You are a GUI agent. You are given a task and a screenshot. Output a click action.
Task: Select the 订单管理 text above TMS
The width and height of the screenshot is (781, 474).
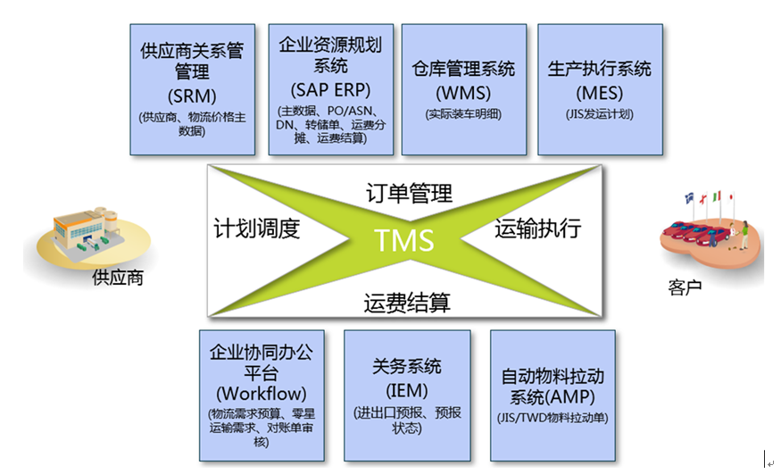[410, 193]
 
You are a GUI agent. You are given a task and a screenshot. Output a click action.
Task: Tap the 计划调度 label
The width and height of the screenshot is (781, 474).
[256, 229]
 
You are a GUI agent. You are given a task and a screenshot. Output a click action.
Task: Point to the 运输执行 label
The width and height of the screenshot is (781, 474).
[538, 229]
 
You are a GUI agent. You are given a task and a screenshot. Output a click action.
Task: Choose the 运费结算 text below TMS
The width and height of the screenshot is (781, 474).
[407, 303]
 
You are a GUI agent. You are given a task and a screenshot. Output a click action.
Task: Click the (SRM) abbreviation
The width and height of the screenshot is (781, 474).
[192, 95]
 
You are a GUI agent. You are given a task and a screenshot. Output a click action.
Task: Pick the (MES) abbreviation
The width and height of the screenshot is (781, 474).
[599, 92]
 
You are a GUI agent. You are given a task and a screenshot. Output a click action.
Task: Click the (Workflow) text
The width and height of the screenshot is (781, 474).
[261, 394]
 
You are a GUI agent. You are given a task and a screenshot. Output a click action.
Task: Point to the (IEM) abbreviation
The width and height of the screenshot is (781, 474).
[406, 389]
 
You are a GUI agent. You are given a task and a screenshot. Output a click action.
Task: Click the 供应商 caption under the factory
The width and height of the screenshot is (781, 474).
[118, 278]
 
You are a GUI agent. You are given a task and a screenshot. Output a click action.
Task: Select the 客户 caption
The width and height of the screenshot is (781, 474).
[685, 287]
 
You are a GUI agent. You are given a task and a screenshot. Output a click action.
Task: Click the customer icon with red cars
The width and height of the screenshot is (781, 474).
[711, 234]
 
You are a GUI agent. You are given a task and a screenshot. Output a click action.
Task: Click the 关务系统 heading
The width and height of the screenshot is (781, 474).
[406, 367]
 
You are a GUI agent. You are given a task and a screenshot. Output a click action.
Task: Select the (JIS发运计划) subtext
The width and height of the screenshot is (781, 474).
[599, 114]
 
